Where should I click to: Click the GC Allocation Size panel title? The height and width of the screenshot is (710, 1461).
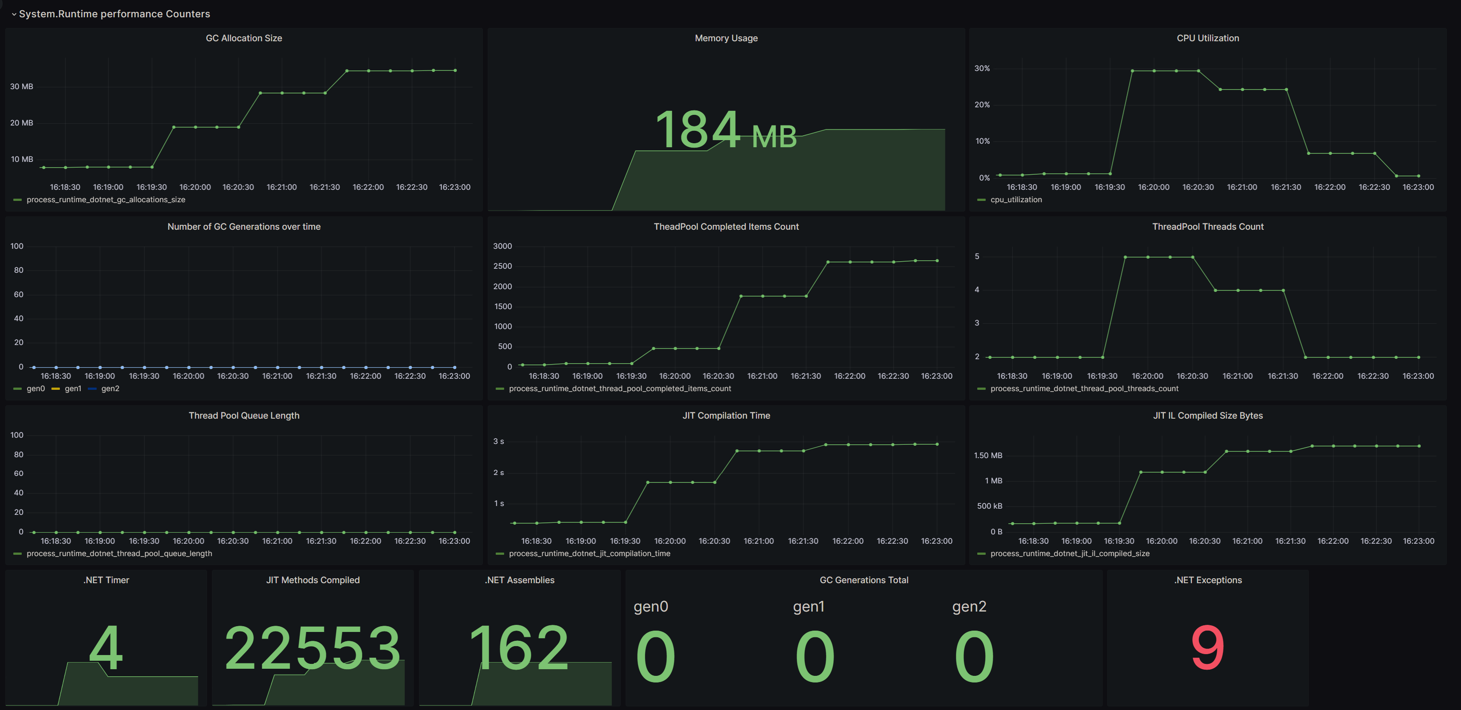tap(244, 38)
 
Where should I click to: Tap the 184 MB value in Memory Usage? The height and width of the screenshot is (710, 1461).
tap(725, 130)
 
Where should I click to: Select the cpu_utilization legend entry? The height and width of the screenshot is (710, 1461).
tap(1015, 200)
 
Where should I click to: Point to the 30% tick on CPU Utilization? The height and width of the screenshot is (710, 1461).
tap(982, 68)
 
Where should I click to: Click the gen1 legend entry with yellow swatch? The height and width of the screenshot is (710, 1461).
tap(73, 388)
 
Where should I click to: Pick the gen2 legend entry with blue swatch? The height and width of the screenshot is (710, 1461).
tap(110, 388)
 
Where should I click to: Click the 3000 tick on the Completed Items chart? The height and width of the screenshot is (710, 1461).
tap(502, 246)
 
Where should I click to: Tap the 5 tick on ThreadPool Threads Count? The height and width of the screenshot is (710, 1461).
tap(977, 256)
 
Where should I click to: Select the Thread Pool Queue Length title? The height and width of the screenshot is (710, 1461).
tap(244, 415)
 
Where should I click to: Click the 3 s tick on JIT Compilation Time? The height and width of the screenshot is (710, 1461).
tap(498, 441)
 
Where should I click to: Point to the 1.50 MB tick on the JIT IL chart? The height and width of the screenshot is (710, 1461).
tap(988, 455)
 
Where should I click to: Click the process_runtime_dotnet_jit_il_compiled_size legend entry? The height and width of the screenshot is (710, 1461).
tap(1069, 553)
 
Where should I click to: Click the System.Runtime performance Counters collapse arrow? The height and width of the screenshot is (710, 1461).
tap(14, 14)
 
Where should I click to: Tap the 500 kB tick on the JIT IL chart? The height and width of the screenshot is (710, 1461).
tap(989, 506)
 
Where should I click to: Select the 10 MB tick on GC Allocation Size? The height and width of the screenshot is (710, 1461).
tap(22, 159)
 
